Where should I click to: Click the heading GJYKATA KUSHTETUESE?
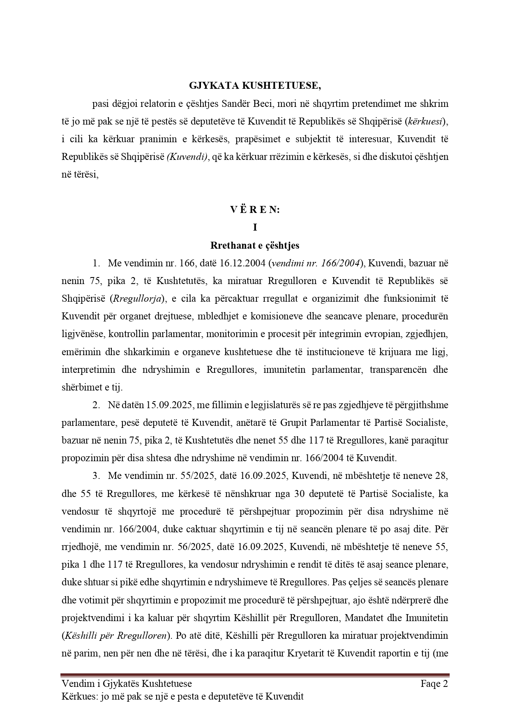(x=255, y=86)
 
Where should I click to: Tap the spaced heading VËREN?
(x=255, y=210)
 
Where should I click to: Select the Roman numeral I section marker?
(x=255, y=227)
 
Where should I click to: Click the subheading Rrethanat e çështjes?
(x=255, y=245)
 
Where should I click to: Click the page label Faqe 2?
(x=434, y=684)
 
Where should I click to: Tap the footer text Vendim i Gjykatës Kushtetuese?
(x=127, y=684)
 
